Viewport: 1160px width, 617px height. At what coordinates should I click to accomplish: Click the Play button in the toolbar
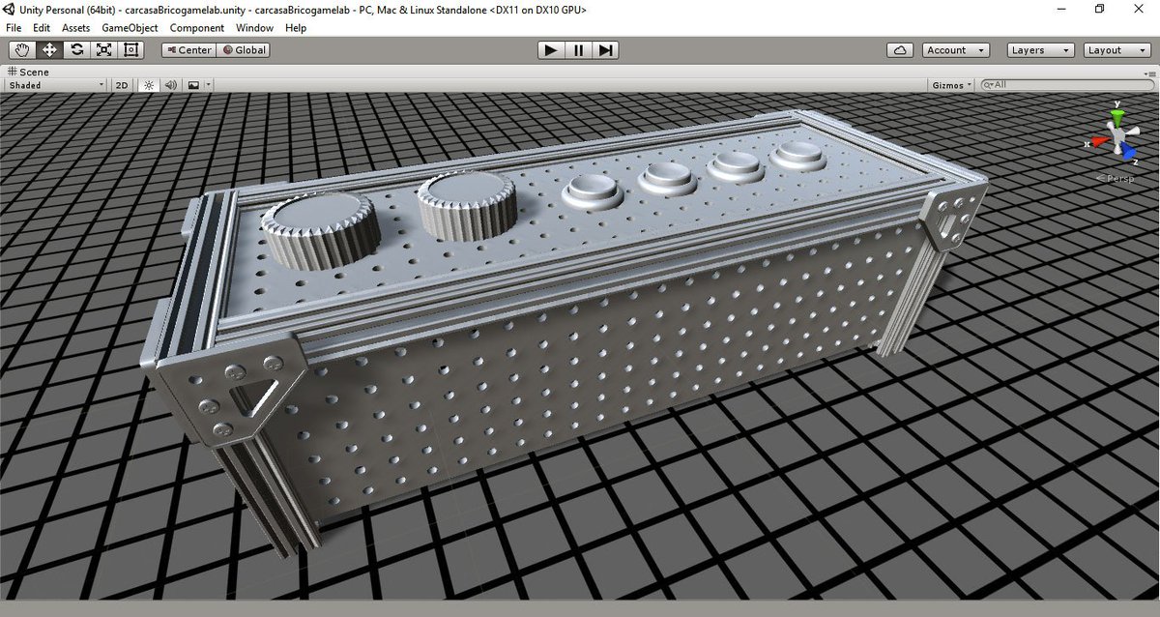pos(551,50)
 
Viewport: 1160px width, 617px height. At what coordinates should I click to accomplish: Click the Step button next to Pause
pos(605,50)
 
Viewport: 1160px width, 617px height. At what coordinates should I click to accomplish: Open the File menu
pos(14,28)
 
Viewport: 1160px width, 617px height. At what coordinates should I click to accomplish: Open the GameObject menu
pos(130,28)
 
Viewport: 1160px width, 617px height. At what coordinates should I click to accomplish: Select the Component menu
pos(197,28)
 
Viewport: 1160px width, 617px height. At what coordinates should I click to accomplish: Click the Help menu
pos(296,28)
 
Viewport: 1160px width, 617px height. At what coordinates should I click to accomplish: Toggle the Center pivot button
pos(188,50)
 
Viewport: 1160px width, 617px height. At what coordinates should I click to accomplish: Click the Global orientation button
pos(245,50)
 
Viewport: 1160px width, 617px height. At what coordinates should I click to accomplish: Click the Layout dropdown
pos(1116,50)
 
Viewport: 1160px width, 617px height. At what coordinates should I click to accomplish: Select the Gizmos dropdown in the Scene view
pos(951,85)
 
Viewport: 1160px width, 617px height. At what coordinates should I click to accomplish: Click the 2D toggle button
pos(122,85)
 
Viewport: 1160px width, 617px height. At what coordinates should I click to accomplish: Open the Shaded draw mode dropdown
pos(55,85)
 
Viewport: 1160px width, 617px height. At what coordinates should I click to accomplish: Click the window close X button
pos(1139,9)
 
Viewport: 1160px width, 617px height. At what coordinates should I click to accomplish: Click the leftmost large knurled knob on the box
pos(318,227)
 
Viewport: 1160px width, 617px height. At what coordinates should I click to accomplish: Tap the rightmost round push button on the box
pos(798,156)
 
